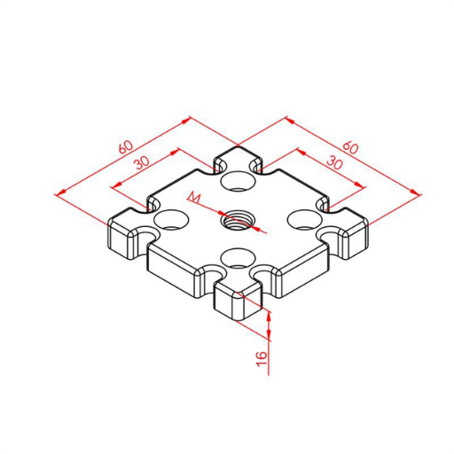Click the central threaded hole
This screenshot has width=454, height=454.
pos(238,220)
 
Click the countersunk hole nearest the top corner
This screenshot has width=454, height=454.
pos(238,181)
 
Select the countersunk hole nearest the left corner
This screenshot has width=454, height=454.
pos(172,220)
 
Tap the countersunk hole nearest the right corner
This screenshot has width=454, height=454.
pos(304,220)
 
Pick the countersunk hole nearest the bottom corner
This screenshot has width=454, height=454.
pos(238,258)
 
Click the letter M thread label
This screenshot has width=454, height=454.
pos(194,198)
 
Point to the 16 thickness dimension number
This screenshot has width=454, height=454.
pos(262,359)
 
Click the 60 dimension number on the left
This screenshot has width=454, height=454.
pos(126,147)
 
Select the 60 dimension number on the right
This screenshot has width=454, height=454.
pos(350,147)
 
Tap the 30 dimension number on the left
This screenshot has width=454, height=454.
pos(143,162)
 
